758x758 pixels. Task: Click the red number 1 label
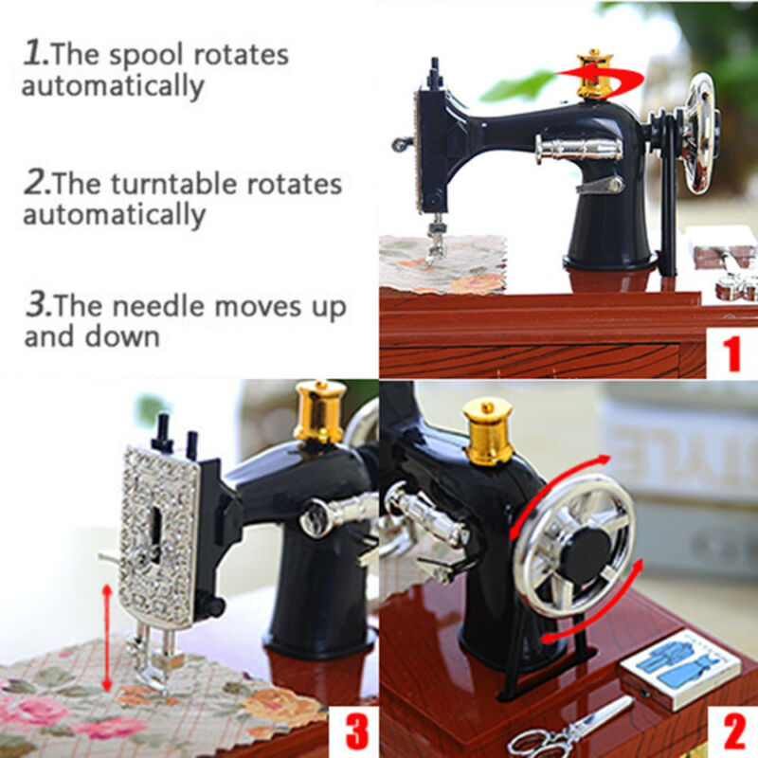point(731,354)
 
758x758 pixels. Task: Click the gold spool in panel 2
point(488,430)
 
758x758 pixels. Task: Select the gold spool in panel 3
point(319,411)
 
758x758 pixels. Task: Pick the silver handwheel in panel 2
point(574,544)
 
